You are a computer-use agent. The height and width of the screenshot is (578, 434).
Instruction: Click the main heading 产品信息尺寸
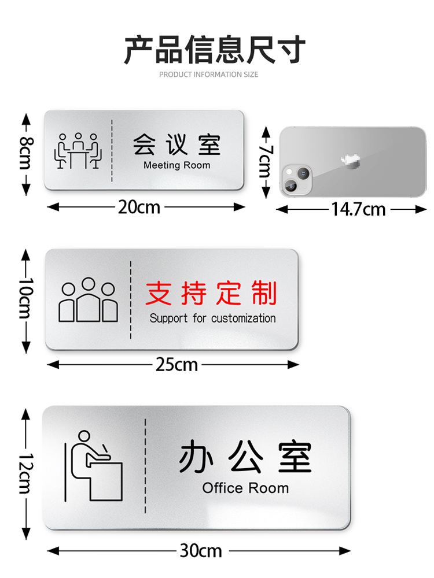215,49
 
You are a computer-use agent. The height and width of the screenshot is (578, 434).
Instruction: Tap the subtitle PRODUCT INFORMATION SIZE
208,75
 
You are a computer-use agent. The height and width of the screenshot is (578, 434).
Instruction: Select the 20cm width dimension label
139,207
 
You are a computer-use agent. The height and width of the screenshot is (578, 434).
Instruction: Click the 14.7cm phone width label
358,209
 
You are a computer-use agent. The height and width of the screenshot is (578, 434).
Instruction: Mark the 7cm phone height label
266,161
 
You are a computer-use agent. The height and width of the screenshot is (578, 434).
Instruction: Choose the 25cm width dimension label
176,365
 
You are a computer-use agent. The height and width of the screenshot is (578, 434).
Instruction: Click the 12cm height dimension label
25,472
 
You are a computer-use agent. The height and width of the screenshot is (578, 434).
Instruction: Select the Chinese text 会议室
176,144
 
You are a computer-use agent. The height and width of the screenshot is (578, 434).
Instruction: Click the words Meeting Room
176,165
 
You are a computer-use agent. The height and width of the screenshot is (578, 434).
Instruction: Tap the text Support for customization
212,318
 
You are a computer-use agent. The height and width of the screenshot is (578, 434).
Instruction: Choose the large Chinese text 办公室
245,458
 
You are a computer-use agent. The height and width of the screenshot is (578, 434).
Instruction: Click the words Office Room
245,488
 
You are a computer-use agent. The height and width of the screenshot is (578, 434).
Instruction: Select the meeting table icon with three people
78,151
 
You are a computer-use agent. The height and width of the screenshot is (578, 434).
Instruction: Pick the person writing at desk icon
95,465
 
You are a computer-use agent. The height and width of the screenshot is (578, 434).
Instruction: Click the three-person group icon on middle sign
88,300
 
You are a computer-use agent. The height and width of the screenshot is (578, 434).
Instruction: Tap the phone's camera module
296,180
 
